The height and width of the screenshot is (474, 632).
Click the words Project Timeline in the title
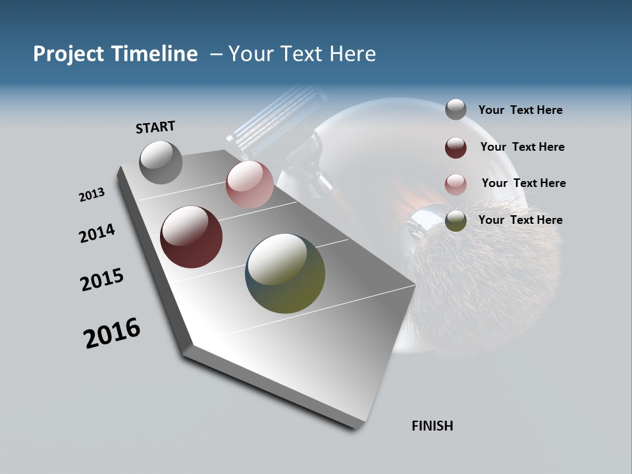click(x=115, y=54)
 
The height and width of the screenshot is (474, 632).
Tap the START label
click(x=155, y=127)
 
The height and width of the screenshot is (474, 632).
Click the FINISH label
click(x=433, y=426)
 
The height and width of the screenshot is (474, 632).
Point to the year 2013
click(x=92, y=195)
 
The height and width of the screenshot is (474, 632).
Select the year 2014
click(x=97, y=234)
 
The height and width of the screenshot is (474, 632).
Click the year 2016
click(x=112, y=333)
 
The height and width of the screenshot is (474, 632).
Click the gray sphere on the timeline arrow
click(x=161, y=162)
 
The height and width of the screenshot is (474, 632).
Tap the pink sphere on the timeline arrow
click(x=250, y=184)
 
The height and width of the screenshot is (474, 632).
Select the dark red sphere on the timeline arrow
click(x=191, y=237)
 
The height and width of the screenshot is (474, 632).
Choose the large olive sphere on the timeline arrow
click(x=285, y=273)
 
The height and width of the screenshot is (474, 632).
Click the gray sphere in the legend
click(x=456, y=110)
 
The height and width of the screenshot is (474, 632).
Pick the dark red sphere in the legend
click(x=456, y=147)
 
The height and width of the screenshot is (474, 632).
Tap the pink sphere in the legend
click(x=456, y=184)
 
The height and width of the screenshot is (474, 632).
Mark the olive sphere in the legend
click(x=456, y=221)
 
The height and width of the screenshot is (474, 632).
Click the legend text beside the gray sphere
click(x=520, y=111)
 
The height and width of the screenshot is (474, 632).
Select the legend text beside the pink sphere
click(x=523, y=183)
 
